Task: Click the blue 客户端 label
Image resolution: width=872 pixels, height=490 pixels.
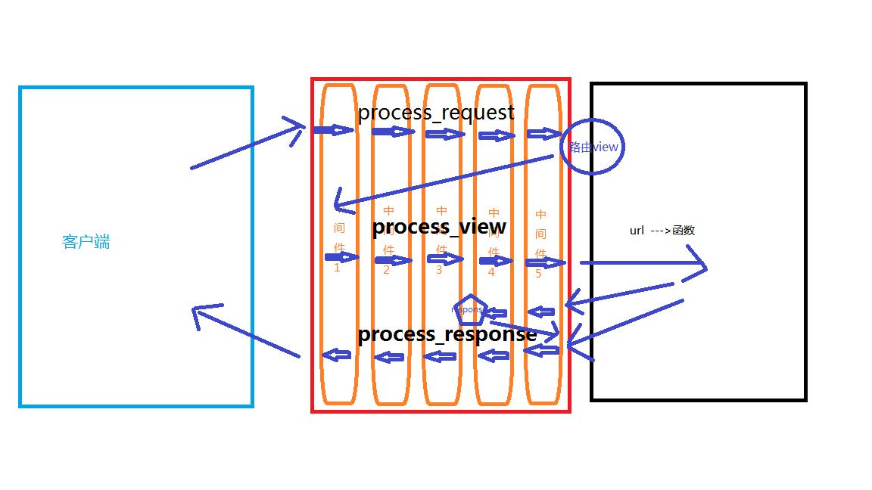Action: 86,242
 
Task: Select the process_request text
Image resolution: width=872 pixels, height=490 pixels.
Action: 436,113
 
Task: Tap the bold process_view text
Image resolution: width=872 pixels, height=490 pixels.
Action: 439,227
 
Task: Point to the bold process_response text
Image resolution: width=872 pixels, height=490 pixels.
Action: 447,334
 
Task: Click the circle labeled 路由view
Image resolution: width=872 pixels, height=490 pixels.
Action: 593,147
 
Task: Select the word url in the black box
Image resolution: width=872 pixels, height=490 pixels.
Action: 637,231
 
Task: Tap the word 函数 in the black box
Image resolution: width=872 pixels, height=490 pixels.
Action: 684,231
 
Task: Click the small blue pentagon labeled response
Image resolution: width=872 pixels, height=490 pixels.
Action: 470,310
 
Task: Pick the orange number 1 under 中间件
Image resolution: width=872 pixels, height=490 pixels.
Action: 337,267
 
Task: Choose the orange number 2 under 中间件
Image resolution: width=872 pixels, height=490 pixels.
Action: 386,270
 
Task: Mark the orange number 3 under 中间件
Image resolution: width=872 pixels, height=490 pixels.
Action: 439,270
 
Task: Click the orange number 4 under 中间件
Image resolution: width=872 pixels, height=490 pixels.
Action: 491,272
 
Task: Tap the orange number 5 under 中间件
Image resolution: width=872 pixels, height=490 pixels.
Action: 539,274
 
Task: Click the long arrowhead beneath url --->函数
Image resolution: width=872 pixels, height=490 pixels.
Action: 696,266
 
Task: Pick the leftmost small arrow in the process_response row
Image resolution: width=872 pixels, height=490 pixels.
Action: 337,355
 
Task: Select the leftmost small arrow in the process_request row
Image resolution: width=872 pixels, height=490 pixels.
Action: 333,130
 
